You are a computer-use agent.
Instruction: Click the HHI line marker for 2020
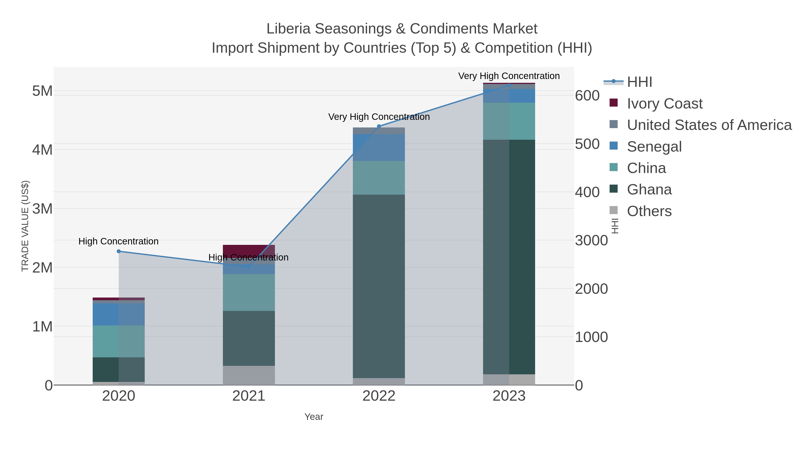(x=119, y=251)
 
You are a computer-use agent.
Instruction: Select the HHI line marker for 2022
(x=379, y=126)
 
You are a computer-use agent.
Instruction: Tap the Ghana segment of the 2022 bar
(x=379, y=286)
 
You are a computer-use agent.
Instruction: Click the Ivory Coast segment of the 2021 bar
(x=249, y=250)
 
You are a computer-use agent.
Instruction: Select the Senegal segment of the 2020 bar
(x=119, y=315)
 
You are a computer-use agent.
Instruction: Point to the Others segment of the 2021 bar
(x=249, y=375)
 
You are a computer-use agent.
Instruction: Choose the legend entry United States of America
(x=709, y=125)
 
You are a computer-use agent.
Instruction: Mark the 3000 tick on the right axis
(x=591, y=240)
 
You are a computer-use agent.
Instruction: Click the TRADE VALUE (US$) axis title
(x=25, y=226)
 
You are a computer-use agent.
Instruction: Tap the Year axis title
(x=314, y=417)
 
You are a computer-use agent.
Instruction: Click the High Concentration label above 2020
(x=119, y=242)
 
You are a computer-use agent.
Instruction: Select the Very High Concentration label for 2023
(x=509, y=76)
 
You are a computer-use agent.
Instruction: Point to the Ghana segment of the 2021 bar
(x=249, y=338)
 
